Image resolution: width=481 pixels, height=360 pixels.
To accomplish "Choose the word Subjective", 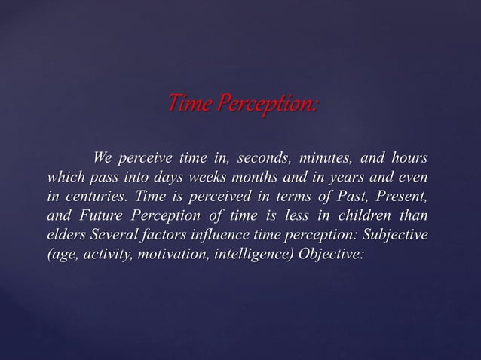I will [392, 236].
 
